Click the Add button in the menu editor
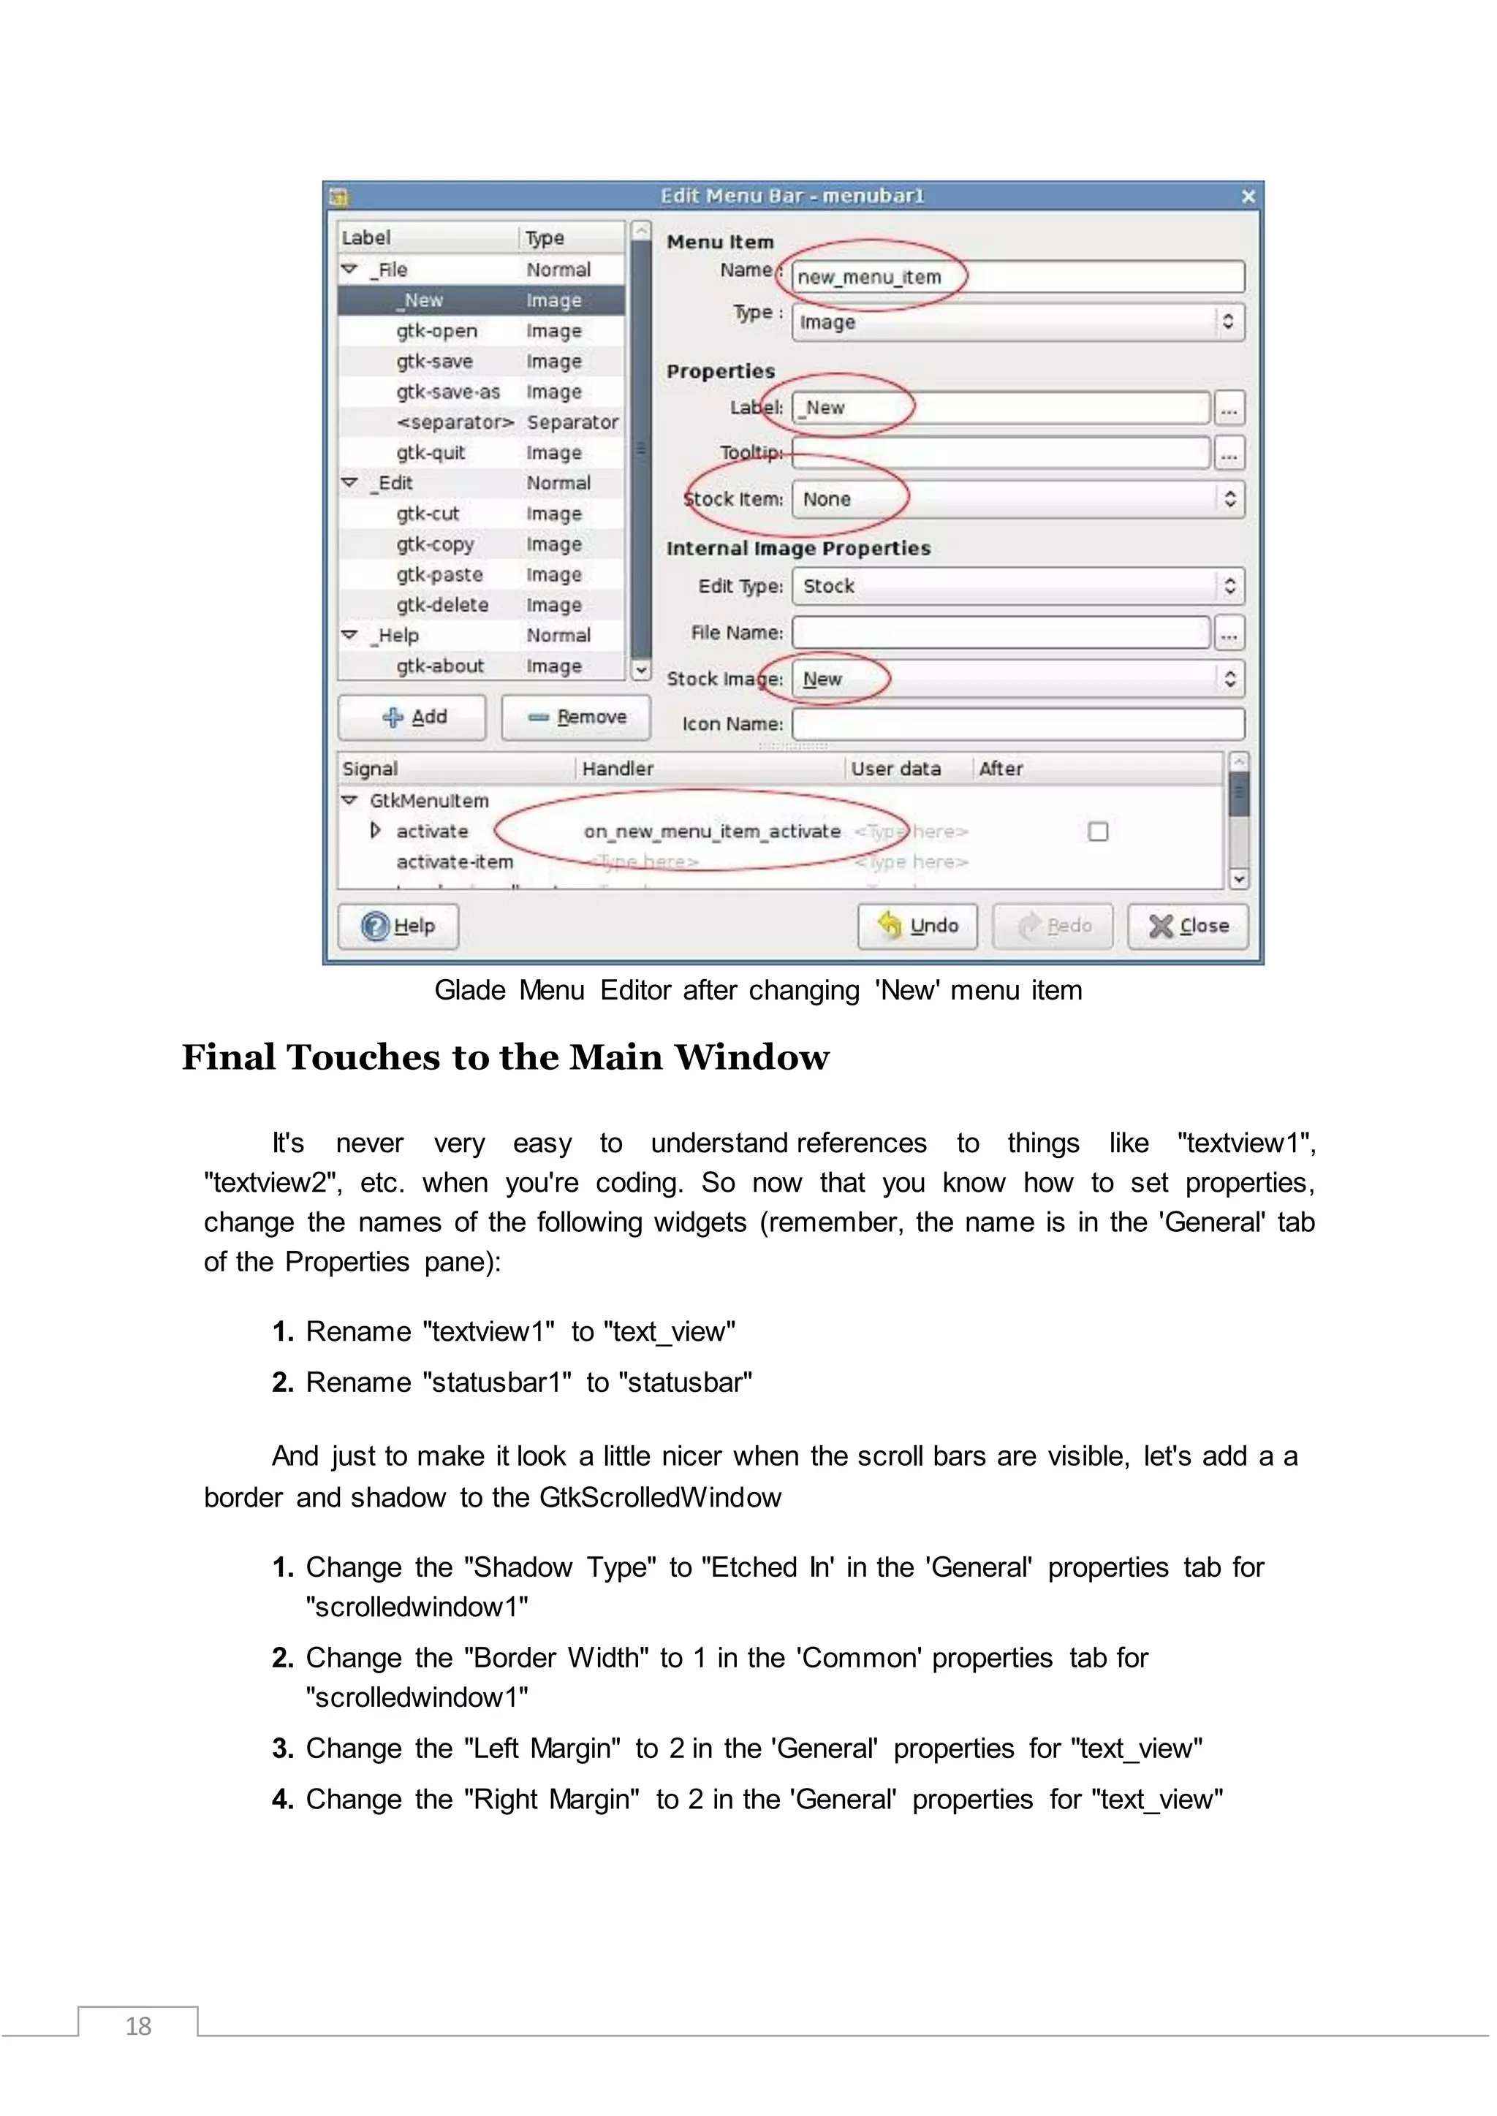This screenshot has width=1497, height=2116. pos(412,717)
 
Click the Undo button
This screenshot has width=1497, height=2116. pos(917,925)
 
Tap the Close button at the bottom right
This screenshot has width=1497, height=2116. pos(1189,925)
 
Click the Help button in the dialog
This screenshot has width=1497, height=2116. pos(398,925)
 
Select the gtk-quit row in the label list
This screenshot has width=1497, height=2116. pos(431,452)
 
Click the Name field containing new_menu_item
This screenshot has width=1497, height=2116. pos(1017,276)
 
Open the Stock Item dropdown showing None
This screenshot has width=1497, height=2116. pos(1017,498)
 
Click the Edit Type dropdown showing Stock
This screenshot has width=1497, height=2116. pos(1017,586)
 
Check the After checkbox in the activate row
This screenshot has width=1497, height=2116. pos(1097,831)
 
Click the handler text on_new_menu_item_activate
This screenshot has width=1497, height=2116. pos(712,831)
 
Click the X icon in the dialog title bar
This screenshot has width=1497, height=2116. pos(1248,197)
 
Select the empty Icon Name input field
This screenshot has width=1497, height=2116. pos(1017,723)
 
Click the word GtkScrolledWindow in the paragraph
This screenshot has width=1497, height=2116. pos(660,1498)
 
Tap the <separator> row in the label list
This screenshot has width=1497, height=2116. pos(455,422)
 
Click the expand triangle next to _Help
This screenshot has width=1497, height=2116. pos(349,635)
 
